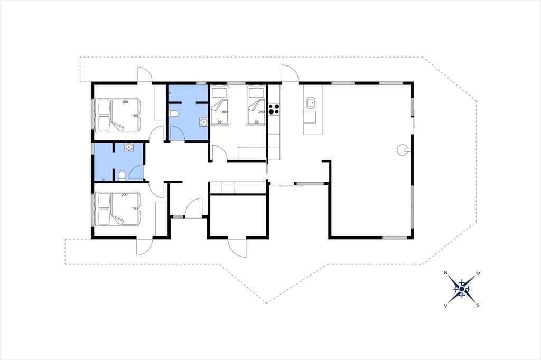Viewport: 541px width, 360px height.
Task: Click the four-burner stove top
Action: coord(274,109)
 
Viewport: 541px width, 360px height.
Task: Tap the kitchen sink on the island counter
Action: coord(311,102)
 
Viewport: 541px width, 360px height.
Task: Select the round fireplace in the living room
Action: coord(403,150)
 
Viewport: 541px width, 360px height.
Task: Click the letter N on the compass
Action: coord(445,273)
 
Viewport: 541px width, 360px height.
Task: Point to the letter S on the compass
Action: coord(478,305)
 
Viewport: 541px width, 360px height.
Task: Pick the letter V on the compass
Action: coord(445,305)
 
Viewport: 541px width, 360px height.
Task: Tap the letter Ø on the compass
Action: coord(478,273)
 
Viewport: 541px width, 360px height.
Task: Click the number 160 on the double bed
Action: coord(135,116)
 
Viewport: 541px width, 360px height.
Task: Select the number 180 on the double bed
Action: coord(135,209)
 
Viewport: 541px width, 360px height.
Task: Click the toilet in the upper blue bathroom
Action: coord(173,113)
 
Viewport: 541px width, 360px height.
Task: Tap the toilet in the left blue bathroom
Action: coord(122,176)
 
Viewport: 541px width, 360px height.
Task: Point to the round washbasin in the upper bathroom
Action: coord(203,122)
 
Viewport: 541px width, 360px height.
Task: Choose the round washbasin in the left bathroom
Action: coord(129,147)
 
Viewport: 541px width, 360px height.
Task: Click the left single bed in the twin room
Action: coord(219,105)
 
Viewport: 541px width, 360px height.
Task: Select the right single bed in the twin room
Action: coord(257,105)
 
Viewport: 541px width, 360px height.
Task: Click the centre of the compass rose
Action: coord(462,289)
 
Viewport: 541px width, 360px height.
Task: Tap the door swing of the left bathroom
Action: coord(137,173)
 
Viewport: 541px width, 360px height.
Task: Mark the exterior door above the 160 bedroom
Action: coord(145,74)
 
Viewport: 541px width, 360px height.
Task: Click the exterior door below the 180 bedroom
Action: coord(145,247)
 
